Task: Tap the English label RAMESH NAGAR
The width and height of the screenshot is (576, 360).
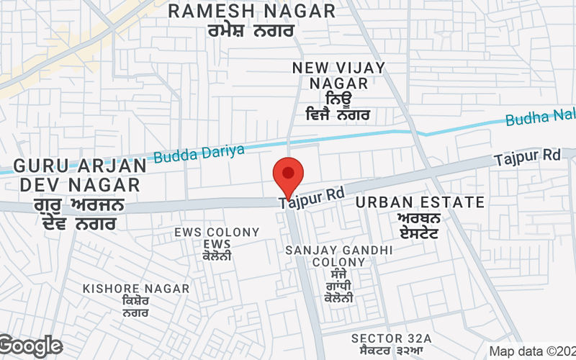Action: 252,12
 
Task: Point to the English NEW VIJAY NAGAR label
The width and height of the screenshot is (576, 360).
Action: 338,75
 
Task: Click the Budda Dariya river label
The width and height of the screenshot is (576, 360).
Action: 199,152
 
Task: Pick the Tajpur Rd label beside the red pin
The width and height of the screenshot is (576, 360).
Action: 312,197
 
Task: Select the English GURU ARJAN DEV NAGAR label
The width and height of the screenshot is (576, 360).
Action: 79,174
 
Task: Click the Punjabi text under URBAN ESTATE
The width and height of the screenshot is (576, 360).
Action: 420,225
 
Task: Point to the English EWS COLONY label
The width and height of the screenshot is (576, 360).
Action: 217,232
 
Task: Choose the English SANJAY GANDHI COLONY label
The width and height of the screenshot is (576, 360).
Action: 338,256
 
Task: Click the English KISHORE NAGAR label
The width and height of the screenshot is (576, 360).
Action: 136,289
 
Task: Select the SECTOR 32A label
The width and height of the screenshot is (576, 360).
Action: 391,338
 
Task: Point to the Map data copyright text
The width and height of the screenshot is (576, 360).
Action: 531,351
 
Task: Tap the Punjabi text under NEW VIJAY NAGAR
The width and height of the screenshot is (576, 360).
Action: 338,105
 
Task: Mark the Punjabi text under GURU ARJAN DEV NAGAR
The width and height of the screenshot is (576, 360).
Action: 79,215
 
